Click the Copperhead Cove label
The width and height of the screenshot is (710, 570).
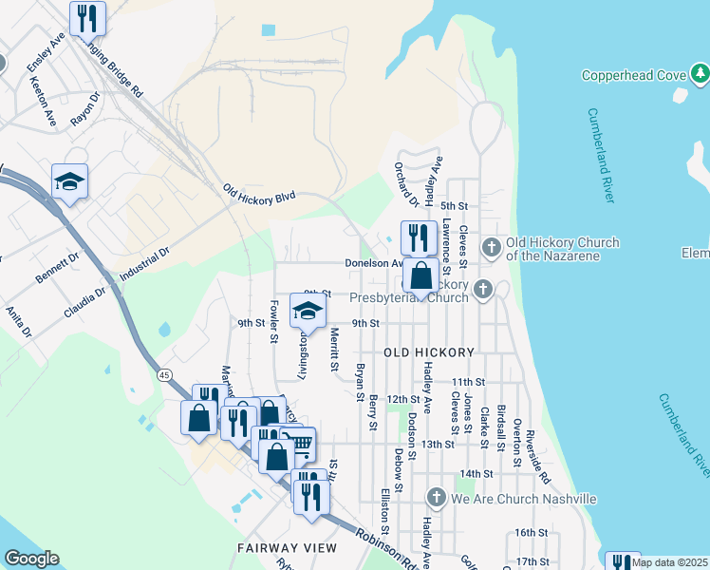(633, 75)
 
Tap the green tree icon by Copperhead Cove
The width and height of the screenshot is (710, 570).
(700, 72)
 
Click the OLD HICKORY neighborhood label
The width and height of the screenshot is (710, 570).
(428, 352)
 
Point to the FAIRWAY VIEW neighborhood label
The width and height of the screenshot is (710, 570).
(288, 548)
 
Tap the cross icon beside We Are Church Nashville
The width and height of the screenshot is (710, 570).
(436, 498)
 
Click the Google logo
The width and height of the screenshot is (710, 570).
(31, 559)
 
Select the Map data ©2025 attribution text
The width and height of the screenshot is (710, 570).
(669, 562)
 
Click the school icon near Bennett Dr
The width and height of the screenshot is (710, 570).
(69, 180)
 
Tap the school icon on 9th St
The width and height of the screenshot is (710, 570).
(307, 313)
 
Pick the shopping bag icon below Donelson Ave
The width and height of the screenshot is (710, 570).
(420, 275)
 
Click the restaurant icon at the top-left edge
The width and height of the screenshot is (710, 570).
(87, 17)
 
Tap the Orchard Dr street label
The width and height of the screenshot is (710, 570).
(406, 184)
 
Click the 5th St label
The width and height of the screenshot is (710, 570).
(455, 206)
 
